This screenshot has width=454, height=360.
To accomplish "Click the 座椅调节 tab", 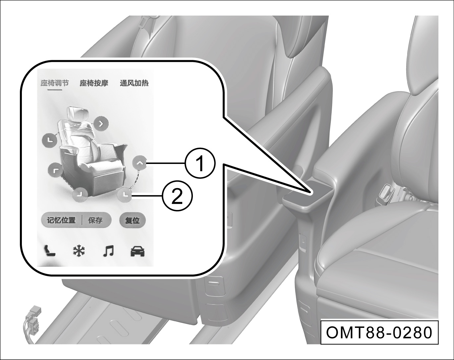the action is click(55, 83).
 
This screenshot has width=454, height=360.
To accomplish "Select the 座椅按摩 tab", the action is click(94, 83).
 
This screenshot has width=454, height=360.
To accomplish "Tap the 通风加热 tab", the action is click(134, 83).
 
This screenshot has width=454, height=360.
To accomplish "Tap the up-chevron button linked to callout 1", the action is click(139, 163).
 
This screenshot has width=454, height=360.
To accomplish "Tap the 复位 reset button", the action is click(132, 220).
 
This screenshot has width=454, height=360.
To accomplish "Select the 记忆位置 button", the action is click(61, 220).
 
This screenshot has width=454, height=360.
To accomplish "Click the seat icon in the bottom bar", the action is click(50, 251).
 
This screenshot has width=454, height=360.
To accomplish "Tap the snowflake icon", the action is click(79, 251).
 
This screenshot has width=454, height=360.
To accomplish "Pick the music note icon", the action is click(108, 251).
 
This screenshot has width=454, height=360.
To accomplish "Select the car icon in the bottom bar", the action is click(138, 251).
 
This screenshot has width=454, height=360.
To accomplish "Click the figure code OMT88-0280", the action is click(379, 333).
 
